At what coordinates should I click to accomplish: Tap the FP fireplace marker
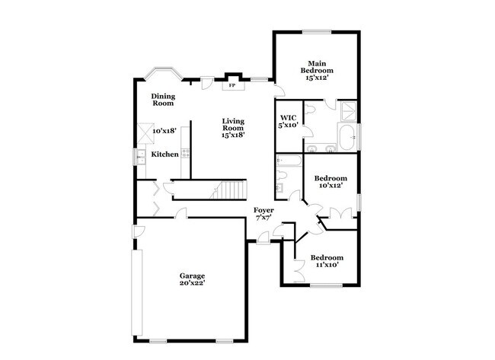(232, 85)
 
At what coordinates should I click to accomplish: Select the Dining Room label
(163, 100)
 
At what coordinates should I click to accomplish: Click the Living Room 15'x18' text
(233, 128)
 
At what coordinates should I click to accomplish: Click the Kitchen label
(164, 154)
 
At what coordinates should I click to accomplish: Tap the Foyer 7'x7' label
(264, 213)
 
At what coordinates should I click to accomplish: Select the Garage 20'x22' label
(192, 279)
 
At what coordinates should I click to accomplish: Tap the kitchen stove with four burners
(185, 153)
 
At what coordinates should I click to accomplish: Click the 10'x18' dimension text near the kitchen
(164, 131)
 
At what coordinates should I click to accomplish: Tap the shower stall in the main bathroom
(347, 112)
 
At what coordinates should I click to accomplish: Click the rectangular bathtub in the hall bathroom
(289, 161)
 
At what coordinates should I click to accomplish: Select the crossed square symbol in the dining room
(145, 133)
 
